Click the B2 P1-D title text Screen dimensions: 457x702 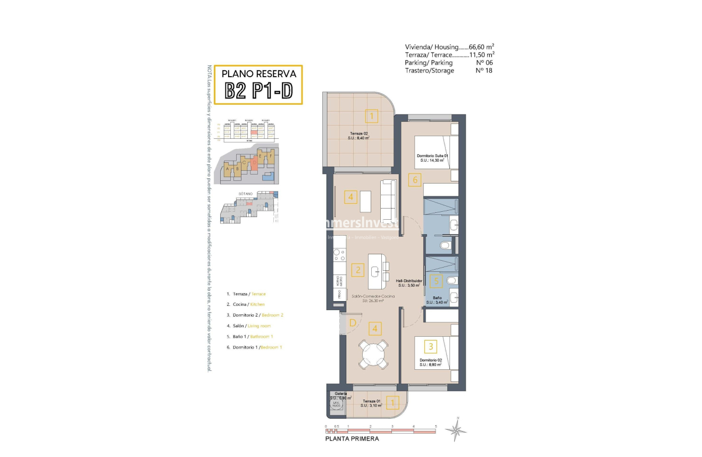pos(258,91)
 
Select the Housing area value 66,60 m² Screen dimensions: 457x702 pos(482,47)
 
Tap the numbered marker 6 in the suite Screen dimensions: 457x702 pos(415,180)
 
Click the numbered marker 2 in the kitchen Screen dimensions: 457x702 pos(358,270)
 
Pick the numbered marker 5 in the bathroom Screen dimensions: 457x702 pos(436,280)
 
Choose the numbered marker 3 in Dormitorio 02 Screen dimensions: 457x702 pos(430,347)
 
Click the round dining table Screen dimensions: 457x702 pos(374,353)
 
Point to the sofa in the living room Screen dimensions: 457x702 pos(389,201)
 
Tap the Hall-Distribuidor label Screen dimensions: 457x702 pos(409,280)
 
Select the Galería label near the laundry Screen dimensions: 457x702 pos(340,394)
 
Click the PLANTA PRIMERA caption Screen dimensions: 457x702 pos(352,439)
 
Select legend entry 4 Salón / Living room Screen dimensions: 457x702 pos(248,326)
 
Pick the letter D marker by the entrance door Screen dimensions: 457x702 pos(353,322)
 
